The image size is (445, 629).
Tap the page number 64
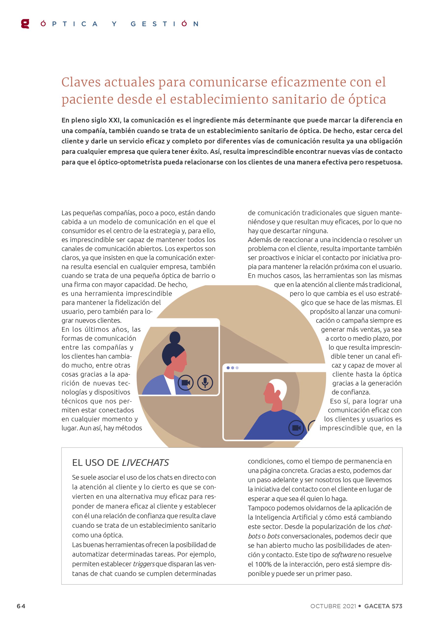pos(21,606)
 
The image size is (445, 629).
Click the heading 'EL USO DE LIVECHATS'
pos(120,462)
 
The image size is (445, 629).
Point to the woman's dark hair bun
pos(175,337)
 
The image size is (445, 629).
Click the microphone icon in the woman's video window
pos(205,383)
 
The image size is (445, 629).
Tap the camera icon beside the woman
pos(186,383)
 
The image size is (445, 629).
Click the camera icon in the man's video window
pos(296,428)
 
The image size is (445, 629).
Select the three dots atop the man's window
pos(232,368)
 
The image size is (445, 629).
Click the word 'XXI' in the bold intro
pos(115,120)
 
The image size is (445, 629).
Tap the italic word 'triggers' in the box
pos(144,564)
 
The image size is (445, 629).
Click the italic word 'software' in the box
pos(344,555)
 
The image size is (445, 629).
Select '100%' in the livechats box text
pos(263,564)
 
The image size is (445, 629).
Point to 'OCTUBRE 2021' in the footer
pos(333,606)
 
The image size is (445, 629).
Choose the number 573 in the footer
pos(397,606)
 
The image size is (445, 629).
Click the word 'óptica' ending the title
pos(367,99)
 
